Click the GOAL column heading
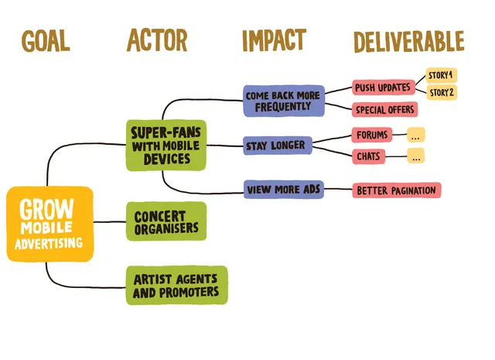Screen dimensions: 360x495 pos(46,41)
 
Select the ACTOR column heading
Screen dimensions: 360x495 pos(157,40)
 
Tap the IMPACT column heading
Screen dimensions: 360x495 pos(274,40)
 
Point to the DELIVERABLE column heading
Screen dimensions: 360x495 pos(408,41)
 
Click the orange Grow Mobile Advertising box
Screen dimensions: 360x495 pos(49,225)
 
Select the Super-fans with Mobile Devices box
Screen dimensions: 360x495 pos(166,145)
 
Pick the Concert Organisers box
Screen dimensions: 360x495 pos(166,221)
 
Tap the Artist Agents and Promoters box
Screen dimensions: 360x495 pos(176,285)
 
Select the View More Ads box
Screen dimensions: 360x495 pos(283,189)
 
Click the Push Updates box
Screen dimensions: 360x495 pos(382,87)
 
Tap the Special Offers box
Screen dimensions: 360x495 pos(384,109)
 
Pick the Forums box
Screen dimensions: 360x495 pos(372,135)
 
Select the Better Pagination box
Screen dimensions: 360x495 pos(396,190)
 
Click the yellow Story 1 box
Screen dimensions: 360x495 pos(441,75)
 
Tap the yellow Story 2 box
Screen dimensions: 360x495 pos(441,93)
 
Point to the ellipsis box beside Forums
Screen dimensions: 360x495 pos(416,135)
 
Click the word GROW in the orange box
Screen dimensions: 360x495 pos(47,209)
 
